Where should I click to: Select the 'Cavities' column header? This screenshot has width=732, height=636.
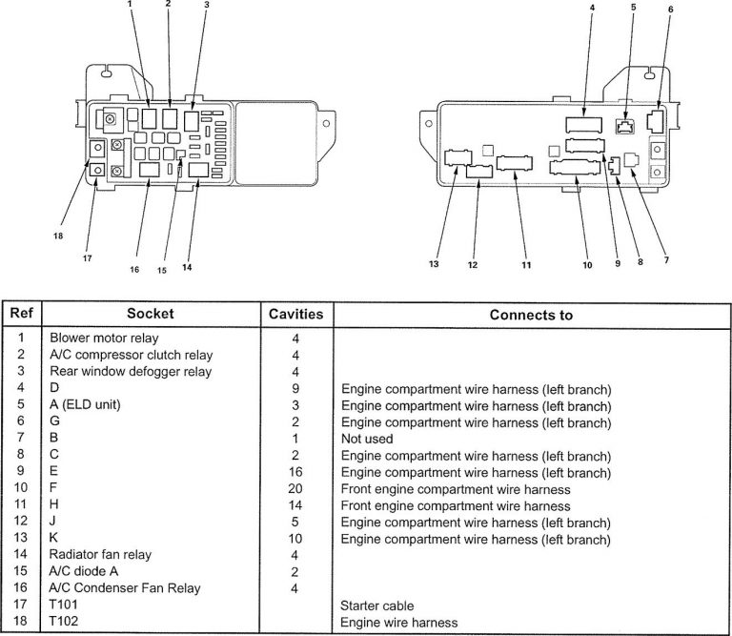(295, 314)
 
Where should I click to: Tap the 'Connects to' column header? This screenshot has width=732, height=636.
(531, 314)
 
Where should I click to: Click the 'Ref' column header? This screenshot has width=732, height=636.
(21, 314)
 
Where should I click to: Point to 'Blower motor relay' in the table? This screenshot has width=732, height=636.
(104, 338)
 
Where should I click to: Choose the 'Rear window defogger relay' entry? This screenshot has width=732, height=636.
(131, 371)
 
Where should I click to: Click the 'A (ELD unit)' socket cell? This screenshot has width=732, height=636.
(85, 404)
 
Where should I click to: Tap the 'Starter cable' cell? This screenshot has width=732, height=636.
(377, 605)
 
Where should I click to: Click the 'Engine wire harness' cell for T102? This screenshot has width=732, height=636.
(398, 623)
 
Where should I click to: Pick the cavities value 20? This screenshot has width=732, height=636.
(295, 488)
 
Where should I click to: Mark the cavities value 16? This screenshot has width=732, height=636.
(295, 472)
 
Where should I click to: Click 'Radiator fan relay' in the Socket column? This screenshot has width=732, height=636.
(100, 555)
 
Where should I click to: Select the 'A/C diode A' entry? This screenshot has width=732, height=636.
(83, 572)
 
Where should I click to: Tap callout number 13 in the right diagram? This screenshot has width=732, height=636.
(434, 264)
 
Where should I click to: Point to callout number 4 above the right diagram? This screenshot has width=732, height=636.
(591, 8)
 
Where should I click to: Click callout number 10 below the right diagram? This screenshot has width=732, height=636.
(587, 264)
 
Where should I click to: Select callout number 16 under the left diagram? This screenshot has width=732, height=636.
(134, 270)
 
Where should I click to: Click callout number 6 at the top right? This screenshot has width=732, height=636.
(669, 10)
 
